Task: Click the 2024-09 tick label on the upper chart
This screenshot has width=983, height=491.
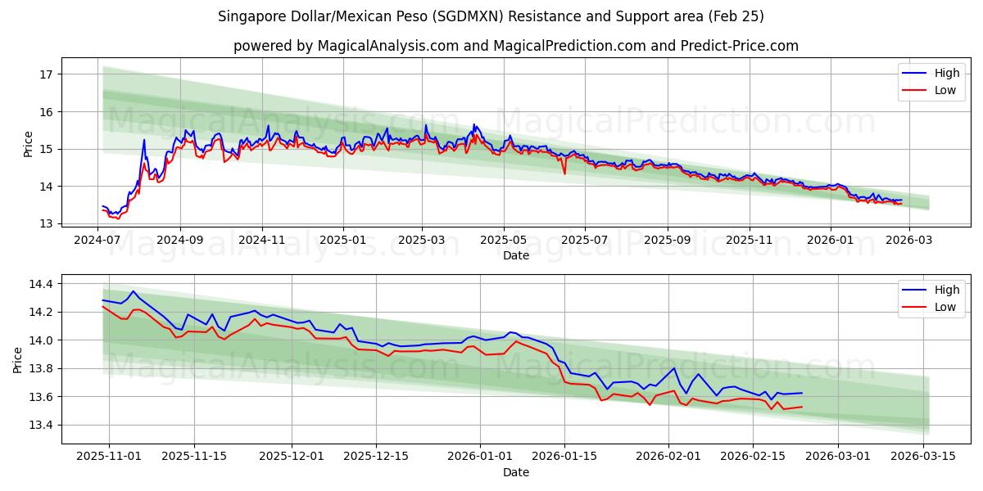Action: click(x=179, y=240)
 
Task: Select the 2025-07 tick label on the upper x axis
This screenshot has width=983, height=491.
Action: click(x=584, y=240)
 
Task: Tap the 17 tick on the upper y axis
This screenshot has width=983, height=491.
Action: click(x=46, y=74)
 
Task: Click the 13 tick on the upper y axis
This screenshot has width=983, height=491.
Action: click(x=46, y=223)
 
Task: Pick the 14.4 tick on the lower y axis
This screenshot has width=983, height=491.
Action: click(x=39, y=284)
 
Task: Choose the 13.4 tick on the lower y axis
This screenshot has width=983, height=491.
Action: click(x=39, y=425)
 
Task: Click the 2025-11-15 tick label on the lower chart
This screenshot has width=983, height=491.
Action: click(x=194, y=457)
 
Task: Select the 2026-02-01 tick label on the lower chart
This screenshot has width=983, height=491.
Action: click(x=669, y=457)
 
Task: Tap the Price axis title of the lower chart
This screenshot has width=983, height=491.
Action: click(x=19, y=359)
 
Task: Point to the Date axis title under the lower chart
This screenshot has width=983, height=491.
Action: click(x=516, y=472)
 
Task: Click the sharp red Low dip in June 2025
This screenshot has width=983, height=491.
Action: click(x=564, y=173)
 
